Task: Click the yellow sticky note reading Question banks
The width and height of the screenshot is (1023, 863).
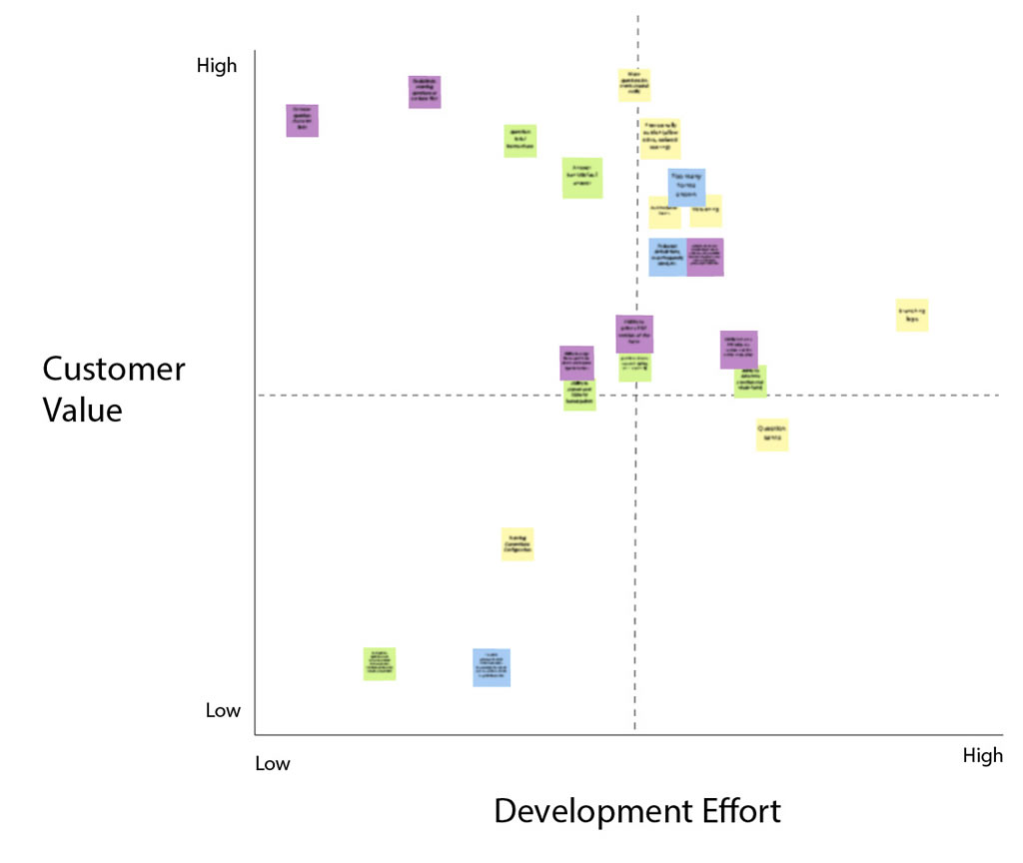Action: click(x=772, y=434)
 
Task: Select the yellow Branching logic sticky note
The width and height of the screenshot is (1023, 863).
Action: click(x=912, y=315)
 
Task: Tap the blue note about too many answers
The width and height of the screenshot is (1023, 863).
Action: click(x=686, y=186)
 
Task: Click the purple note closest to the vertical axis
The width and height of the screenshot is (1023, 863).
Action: click(x=302, y=120)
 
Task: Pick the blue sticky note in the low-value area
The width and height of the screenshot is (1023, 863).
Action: click(x=492, y=667)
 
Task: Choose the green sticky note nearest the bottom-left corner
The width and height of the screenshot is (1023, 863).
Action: click(x=380, y=663)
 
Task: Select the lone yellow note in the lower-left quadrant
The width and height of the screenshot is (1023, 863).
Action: click(x=517, y=543)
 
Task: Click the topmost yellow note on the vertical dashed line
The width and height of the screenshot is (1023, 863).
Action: click(x=634, y=85)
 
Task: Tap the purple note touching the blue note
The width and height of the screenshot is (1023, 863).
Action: click(x=706, y=257)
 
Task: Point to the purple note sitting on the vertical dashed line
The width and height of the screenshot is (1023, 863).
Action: click(x=634, y=334)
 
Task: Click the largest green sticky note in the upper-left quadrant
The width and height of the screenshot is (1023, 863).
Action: click(x=582, y=178)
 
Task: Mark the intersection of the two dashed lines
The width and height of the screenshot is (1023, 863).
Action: click(x=635, y=396)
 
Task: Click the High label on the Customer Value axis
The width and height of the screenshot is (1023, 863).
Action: click(x=217, y=66)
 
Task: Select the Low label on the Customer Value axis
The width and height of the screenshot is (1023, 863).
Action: click(x=223, y=711)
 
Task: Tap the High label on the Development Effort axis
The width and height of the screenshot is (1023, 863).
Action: click(x=982, y=756)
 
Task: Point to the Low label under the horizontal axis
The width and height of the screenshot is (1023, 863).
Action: click(x=272, y=764)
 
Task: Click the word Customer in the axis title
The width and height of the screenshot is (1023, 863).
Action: click(x=113, y=370)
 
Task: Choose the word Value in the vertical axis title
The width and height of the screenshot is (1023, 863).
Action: click(x=82, y=411)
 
